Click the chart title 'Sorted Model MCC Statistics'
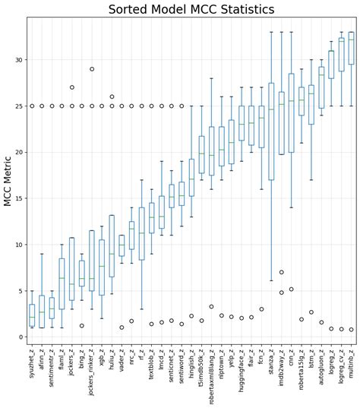(191, 9)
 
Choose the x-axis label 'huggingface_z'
(242, 372)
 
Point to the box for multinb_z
(351, 48)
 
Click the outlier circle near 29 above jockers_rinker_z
(92, 69)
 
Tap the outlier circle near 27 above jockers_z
(71, 87)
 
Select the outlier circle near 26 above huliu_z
(112, 96)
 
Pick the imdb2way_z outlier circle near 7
(281, 272)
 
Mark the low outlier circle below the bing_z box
(81, 326)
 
